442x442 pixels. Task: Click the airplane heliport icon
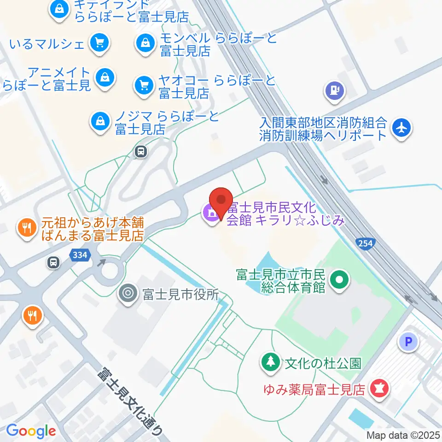point(401,127)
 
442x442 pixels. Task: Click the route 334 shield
point(79,255)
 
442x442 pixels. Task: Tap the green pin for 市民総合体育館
point(340,279)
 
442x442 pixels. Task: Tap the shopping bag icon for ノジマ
point(99,122)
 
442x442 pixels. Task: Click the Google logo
point(31,430)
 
